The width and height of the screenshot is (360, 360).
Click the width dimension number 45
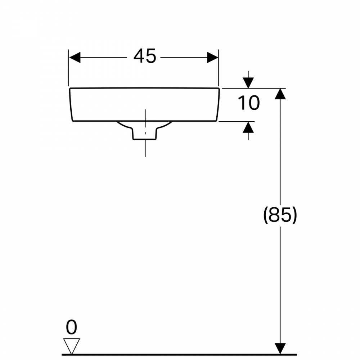pos(145,57)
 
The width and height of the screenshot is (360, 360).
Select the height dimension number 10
pos(248,103)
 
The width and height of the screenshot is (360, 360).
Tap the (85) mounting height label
pos(280,215)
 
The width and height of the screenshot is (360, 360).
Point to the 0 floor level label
pos(72,328)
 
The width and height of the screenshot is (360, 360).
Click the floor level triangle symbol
pos(71,346)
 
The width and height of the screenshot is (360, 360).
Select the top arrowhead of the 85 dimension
pos(280,94)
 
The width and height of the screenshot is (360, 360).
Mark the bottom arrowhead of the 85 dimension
pos(280,348)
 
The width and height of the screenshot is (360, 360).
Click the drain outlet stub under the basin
pos(145,134)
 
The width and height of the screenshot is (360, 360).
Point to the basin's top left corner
pos(69,88)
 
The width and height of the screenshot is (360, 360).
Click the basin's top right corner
pos(219,88)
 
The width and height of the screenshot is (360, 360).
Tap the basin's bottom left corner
pos(73,121)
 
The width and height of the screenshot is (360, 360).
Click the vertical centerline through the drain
pos(145,149)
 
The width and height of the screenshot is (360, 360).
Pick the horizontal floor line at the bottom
pos(180,355)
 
